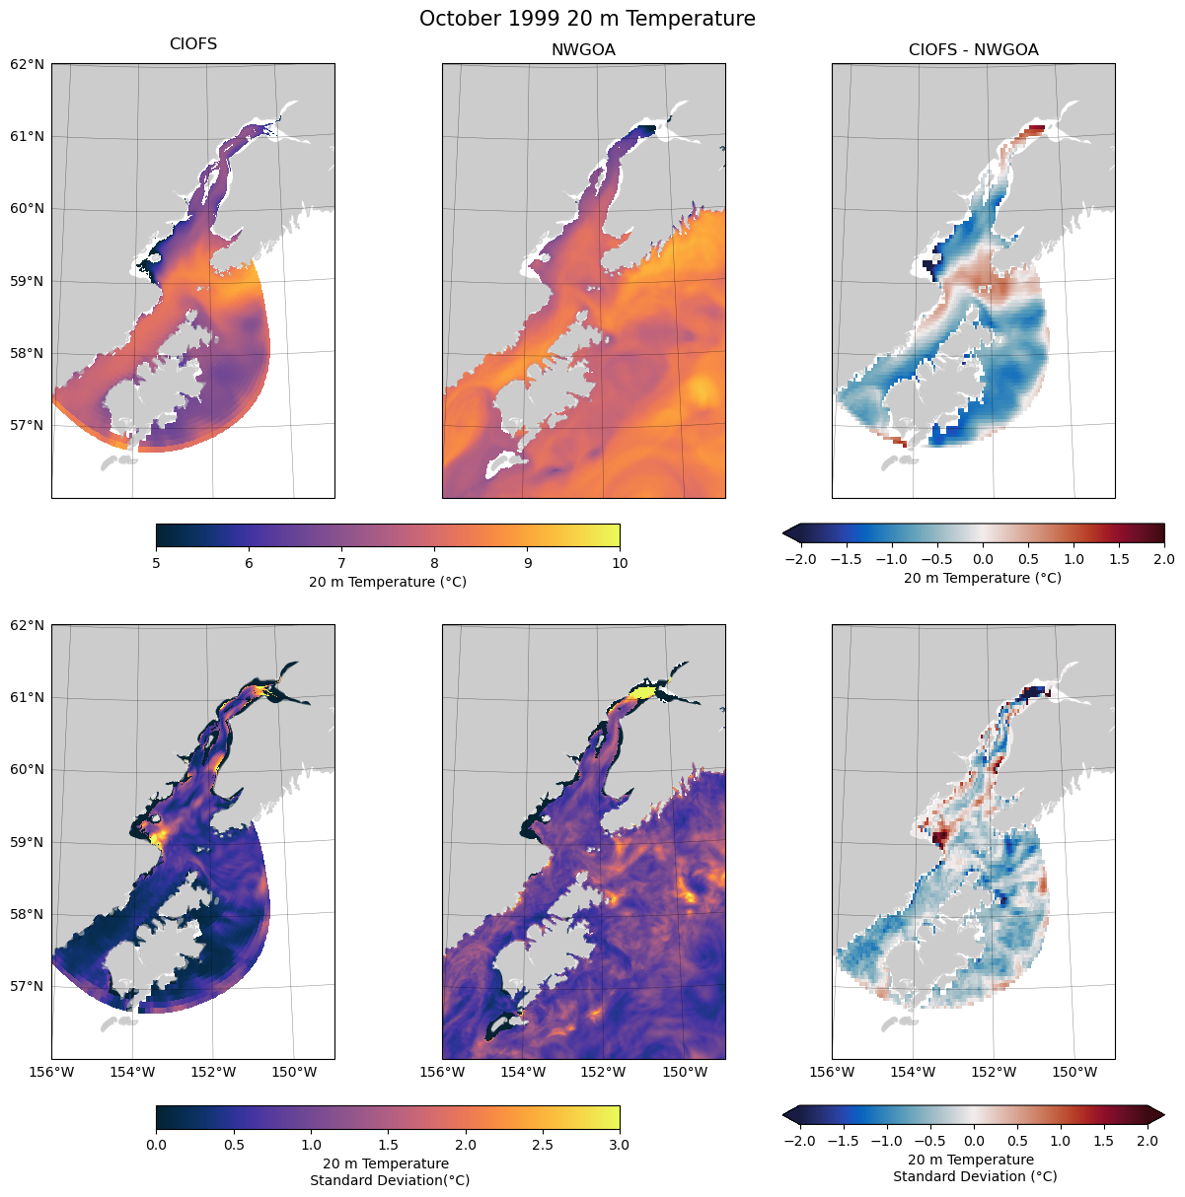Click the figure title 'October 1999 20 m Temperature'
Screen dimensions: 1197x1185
click(x=587, y=19)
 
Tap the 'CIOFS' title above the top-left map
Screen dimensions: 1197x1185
click(x=193, y=44)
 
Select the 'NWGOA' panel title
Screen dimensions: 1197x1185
click(x=583, y=50)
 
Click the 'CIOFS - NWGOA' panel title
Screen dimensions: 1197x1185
click(x=973, y=50)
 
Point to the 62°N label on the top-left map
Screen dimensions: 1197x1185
click(x=27, y=64)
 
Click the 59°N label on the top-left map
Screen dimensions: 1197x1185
click(x=27, y=281)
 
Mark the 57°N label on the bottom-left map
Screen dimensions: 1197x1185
click(x=27, y=986)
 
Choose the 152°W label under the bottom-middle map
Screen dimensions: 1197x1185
click(x=603, y=1072)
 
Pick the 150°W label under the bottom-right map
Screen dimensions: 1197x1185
click(x=1074, y=1072)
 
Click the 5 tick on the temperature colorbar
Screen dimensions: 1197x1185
click(x=156, y=563)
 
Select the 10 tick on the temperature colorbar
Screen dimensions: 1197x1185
click(x=620, y=563)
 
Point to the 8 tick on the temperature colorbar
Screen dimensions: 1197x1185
click(x=434, y=563)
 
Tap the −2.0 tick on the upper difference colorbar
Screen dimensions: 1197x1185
click(x=800, y=559)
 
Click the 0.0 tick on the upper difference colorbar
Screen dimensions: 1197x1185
click(x=983, y=559)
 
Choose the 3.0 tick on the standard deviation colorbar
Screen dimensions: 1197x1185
click(x=620, y=1145)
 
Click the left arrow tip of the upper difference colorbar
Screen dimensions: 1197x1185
click(x=783, y=533)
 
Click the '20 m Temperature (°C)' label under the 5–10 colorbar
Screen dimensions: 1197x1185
click(x=388, y=582)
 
